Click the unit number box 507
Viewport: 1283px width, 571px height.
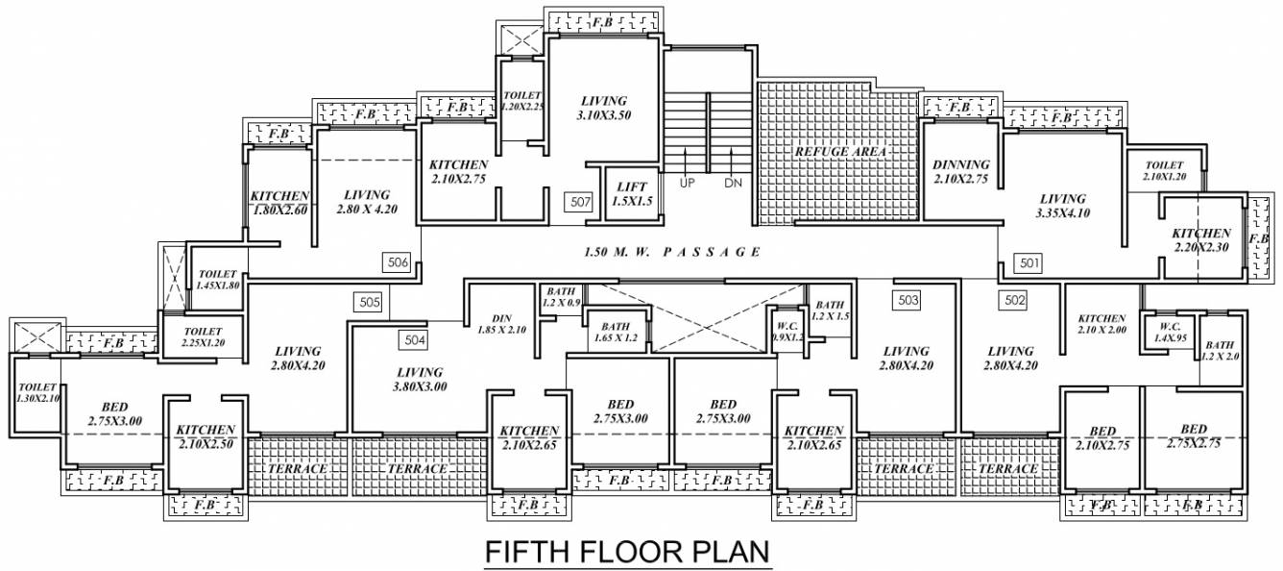coord(579,202)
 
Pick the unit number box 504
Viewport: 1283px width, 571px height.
coord(414,338)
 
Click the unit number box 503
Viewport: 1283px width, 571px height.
coord(908,301)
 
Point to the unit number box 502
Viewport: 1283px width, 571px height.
coord(1014,300)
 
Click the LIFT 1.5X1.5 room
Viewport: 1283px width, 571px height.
coord(629,193)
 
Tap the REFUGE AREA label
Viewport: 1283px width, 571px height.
coord(838,152)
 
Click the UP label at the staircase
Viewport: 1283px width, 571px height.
coord(687,183)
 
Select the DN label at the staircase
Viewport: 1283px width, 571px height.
coord(733,183)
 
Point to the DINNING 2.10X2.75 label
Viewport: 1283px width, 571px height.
coord(960,172)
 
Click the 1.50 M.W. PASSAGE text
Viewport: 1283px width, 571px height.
coord(672,252)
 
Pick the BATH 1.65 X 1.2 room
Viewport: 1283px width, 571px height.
coord(617,332)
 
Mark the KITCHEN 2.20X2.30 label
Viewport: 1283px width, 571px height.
coord(1200,239)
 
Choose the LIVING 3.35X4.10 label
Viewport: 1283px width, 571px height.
coord(1062,206)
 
